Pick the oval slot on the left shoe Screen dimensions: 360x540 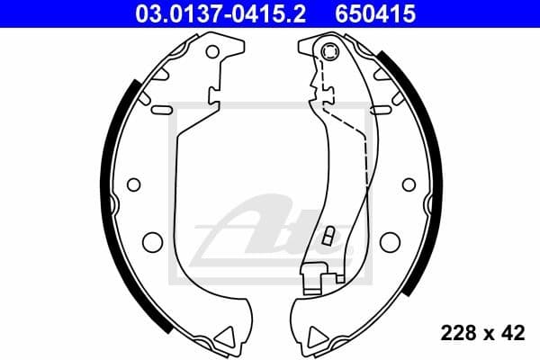coord(162,110)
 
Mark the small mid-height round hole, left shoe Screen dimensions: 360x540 coord(134,184)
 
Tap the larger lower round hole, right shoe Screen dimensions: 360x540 coord(389,241)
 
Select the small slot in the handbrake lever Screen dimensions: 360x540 coord(328,237)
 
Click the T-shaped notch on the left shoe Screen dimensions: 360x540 coord(215,94)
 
